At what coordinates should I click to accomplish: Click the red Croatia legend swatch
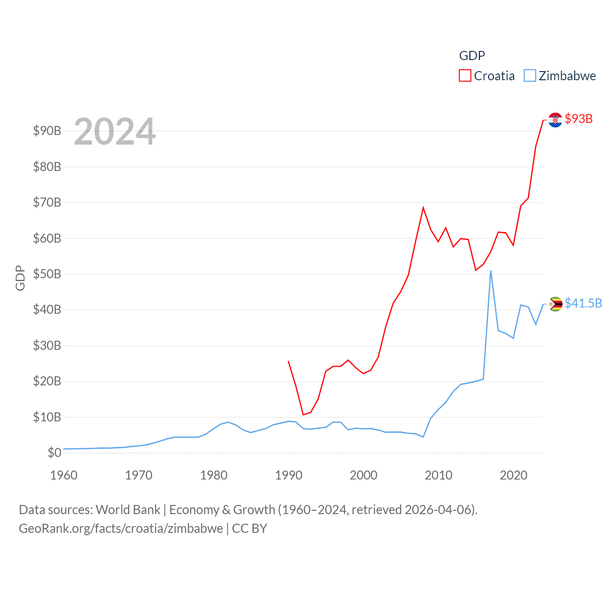coord(465,76)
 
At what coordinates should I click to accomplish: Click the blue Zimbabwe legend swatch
coord(529,76)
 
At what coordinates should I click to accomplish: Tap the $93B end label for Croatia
coord(578,119)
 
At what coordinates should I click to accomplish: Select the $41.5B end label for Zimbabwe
coord(583,303)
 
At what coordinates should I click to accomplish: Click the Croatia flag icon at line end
coord(555,120)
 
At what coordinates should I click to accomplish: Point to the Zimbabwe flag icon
coord(555,304)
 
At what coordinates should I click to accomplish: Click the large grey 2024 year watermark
coord(114,132)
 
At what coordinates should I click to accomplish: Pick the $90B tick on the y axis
coord(47,131)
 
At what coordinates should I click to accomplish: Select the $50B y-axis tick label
coord(47,274)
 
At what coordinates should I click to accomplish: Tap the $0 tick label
coord(54,453)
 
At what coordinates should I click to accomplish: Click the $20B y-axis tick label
coord(47,381)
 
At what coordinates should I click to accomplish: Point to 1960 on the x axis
coord(64,475)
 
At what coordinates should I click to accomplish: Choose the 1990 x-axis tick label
coord(289,475)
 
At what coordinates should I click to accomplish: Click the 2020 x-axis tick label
coord(514,475)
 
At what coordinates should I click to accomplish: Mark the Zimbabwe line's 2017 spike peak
coord(491,271)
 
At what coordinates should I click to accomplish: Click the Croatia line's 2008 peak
coord(423,208)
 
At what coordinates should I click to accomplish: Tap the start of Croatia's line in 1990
coord(288,361)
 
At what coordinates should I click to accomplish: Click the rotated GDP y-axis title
coord(20,278)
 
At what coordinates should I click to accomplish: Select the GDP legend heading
coord(472,56)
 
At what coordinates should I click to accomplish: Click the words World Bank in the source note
coord(128,509)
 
